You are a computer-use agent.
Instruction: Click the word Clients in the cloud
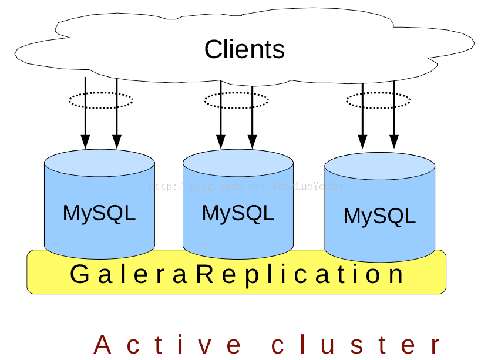click(x=244, y=49)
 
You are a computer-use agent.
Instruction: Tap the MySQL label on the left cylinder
click(x=99, y=213)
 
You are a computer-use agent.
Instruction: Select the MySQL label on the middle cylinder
click(x=238, y=213)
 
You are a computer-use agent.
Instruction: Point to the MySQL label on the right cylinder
click(x=379, y=216)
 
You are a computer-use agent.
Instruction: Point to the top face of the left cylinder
click(x=99, y=162)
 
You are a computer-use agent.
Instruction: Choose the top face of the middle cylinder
click(x=238, y=162)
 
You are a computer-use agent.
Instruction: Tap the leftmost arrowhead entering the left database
click(x=85, y=142)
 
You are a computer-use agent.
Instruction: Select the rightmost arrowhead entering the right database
click(x=394, y=142)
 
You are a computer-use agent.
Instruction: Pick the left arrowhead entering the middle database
click(x=221, y=142)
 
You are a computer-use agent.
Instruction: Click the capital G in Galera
click(x=79, y=274)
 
